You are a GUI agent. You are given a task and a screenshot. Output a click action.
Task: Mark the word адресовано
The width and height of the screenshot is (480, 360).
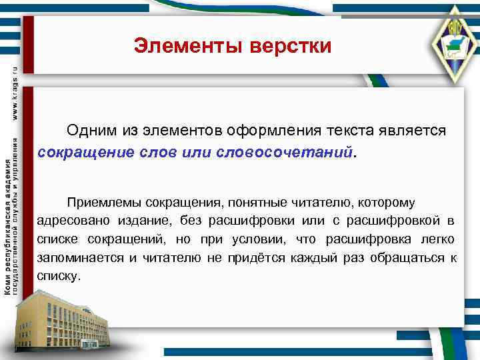click(69, 221)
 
